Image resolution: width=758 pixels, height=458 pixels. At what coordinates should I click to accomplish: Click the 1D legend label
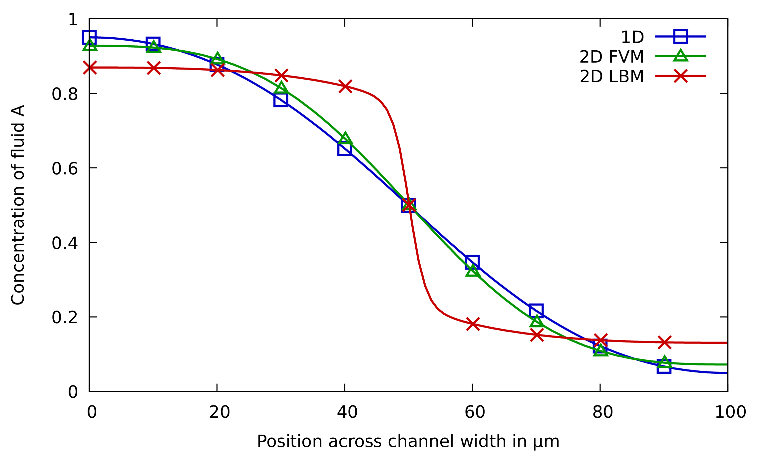pyautogui.click(x=632, y=37)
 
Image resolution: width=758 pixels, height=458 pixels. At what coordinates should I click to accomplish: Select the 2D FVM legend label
pyautogui.click(x=611, y=57)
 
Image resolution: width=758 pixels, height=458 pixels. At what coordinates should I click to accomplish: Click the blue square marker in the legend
pyautogui.click(x=680, y=36)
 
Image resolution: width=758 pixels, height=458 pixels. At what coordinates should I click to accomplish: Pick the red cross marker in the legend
pyautogui.click(x=680, y=76)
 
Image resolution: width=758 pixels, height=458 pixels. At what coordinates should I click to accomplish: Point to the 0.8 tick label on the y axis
pyautogui.click(x=65, y=94)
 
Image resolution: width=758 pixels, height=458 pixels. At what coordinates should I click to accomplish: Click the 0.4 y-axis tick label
pyautogui.click(x=65, y=243)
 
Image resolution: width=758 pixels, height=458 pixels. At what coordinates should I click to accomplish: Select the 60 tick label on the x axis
pyautogui.click(x=475, y=412)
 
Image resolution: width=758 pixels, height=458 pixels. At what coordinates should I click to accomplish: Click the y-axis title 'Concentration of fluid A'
pyautogui.click(x=18, y=205)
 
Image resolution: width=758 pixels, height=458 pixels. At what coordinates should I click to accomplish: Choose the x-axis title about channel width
pyautogui.click(x=408, y=441)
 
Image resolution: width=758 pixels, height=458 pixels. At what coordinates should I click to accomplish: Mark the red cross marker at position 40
pyautogui.click(x=345, y=86)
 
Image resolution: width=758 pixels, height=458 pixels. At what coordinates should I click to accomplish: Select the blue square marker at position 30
pyautogui.click(x=281, y=100)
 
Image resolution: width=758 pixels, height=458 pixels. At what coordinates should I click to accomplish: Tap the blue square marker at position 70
pyautogui.click(x=536, y=311)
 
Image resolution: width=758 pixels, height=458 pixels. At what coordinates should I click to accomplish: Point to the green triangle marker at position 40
pyautogui.click(x=345, y=138)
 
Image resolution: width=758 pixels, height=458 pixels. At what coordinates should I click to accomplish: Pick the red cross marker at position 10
pyautogui.click(x=154, y=68)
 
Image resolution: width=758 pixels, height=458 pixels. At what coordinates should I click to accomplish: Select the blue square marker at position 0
pyautogui.click(x=89, y=37)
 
